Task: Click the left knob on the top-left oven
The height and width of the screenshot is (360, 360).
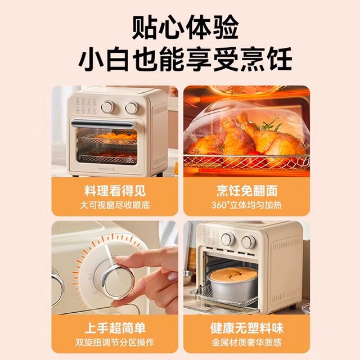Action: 107,107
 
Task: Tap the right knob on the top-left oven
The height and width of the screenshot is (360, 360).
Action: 131,107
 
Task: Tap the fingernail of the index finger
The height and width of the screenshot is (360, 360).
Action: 171,276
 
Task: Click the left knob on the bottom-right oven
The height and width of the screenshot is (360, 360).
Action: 228,240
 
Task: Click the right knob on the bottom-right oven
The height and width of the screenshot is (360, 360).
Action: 247,242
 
